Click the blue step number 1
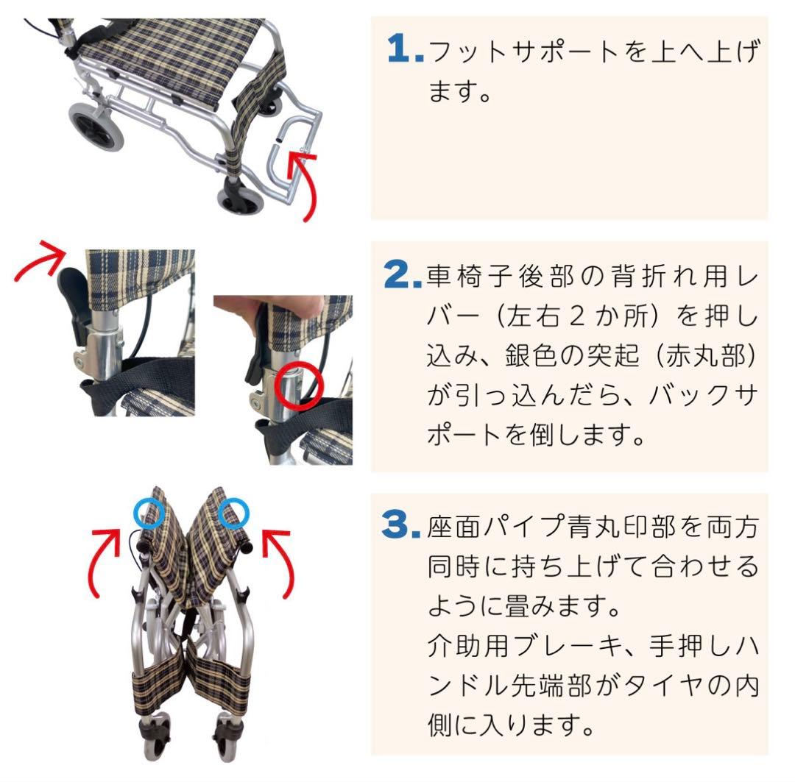[403, 51]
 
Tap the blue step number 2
[403, 275]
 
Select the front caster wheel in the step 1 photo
[239, 194]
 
